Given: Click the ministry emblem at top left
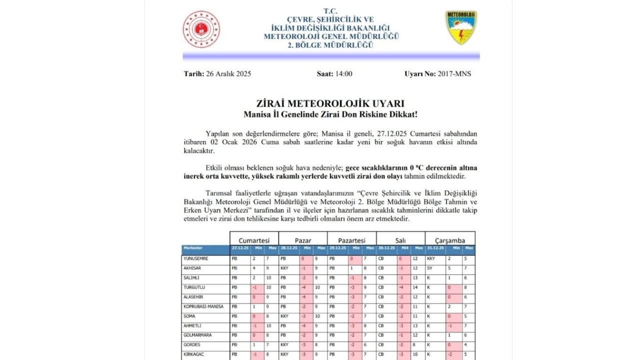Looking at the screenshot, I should pos(201,29).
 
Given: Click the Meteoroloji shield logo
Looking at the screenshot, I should pos(461,27).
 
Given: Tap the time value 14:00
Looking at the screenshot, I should pos(343,74).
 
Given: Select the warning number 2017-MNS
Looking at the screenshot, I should pos(454,74).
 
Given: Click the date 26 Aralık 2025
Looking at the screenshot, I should pos(228,74).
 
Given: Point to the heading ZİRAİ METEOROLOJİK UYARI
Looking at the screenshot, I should pos(330,103).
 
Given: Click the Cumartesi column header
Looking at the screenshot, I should pos(254,240).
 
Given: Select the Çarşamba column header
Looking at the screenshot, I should pos(450,240).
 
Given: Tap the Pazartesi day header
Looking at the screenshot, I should pos(351,240).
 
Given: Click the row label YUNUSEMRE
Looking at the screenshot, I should pos(195,258).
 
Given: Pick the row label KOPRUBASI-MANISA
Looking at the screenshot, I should pos(203,306).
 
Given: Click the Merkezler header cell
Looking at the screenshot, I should pos(193,248).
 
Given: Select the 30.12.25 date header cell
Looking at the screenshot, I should pos(386,248).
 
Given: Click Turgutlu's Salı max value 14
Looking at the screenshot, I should pos(415,287).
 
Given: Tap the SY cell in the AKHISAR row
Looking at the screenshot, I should pos(429,268).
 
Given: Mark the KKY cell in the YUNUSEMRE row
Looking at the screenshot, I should pos(431,258).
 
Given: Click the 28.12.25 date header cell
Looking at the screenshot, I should pos(288,248).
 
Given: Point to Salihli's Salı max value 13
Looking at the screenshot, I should pos(415,278).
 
